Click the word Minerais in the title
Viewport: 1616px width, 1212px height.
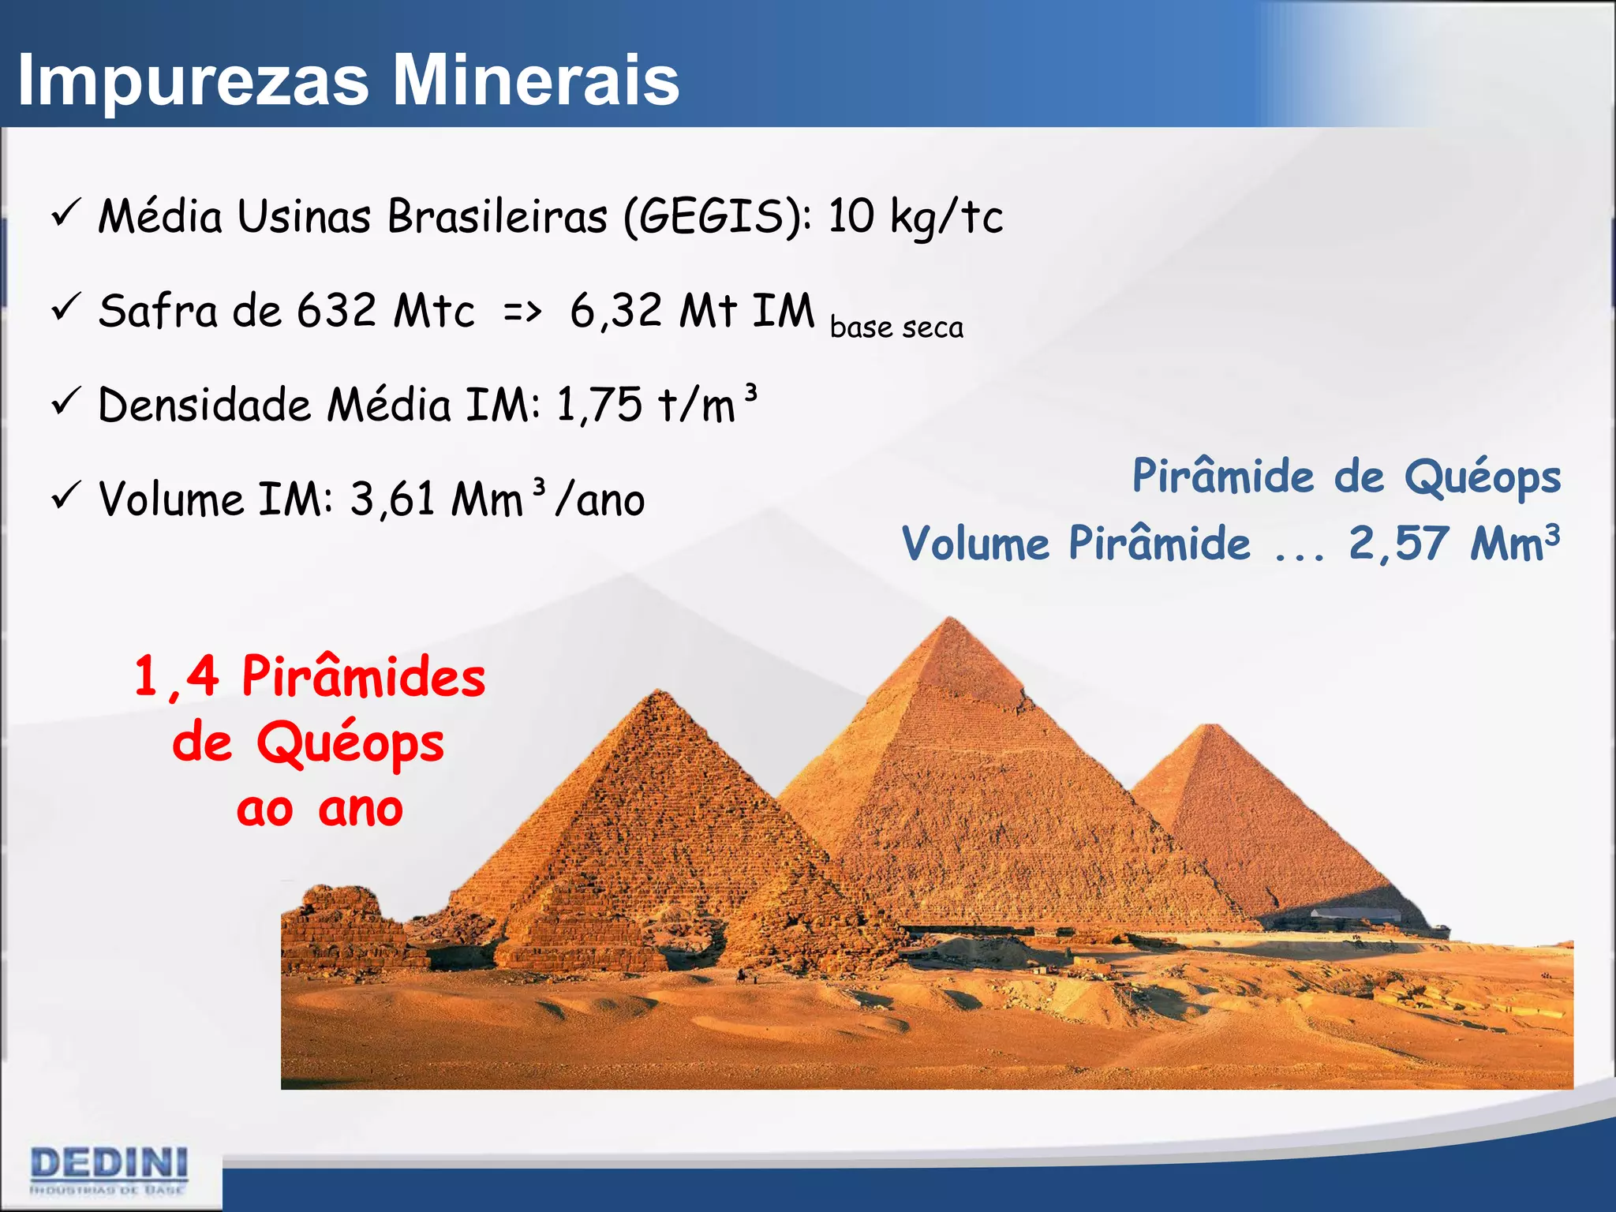(536, 80)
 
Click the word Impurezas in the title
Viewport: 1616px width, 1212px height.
(194, 81)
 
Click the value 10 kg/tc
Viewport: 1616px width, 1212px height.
(915, 215)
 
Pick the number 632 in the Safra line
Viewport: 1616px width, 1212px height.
(337, 310)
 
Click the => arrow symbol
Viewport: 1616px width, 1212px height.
(522, 312)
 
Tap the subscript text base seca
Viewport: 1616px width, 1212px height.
(896, 327)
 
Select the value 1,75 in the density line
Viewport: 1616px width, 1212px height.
(599, 405)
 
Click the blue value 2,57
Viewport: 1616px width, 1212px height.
(1398, 543)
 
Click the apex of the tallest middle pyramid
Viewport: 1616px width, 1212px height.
(951, 620)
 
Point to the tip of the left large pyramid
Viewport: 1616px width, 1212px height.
(659, 692)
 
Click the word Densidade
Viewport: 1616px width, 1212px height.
(204, 405)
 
